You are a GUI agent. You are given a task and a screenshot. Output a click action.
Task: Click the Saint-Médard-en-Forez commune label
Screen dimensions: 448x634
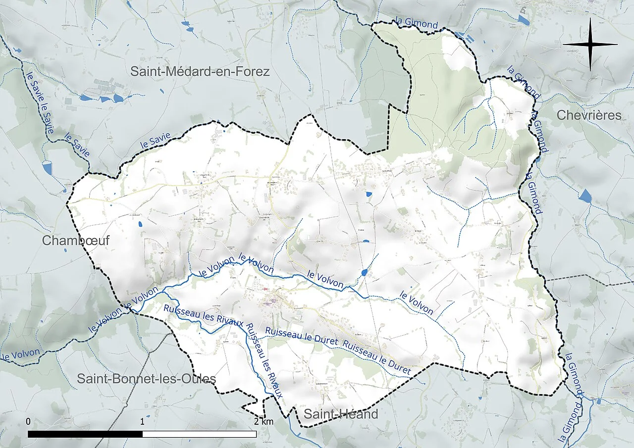tap(200, 72)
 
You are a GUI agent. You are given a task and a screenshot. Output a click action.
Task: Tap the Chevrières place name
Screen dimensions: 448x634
tap(588, 115)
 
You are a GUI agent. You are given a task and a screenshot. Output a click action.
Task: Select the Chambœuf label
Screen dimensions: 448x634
tap(75, 241)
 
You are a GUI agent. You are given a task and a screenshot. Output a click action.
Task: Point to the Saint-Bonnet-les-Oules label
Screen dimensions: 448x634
tap(146, 379)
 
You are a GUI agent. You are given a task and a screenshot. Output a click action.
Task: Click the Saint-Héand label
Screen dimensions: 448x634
tap(341, 414)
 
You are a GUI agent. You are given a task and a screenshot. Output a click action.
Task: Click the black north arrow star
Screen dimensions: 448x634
tap(590, 45)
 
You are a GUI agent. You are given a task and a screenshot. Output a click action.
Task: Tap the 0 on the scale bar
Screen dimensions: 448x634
tap(28, 422)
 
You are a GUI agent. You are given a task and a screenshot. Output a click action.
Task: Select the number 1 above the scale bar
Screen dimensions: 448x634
tap(142, 422)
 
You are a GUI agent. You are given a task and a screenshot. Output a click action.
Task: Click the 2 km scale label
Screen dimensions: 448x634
tap(263, 422)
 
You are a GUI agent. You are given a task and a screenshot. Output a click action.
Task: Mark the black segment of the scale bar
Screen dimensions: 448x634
tap(85, 434)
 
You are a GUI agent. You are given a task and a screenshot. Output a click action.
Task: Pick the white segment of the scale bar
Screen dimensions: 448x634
tap(199, 434)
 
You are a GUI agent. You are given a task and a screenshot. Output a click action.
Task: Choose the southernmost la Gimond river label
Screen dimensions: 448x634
tap(570, 423)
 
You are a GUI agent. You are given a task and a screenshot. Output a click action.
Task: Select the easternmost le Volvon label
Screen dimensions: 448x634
tap(417, 303)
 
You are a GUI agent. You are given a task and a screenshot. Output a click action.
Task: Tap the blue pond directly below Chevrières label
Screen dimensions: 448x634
tap(585, 196)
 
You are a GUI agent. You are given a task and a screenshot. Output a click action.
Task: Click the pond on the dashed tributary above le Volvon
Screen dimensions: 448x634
tap(365, 272)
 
